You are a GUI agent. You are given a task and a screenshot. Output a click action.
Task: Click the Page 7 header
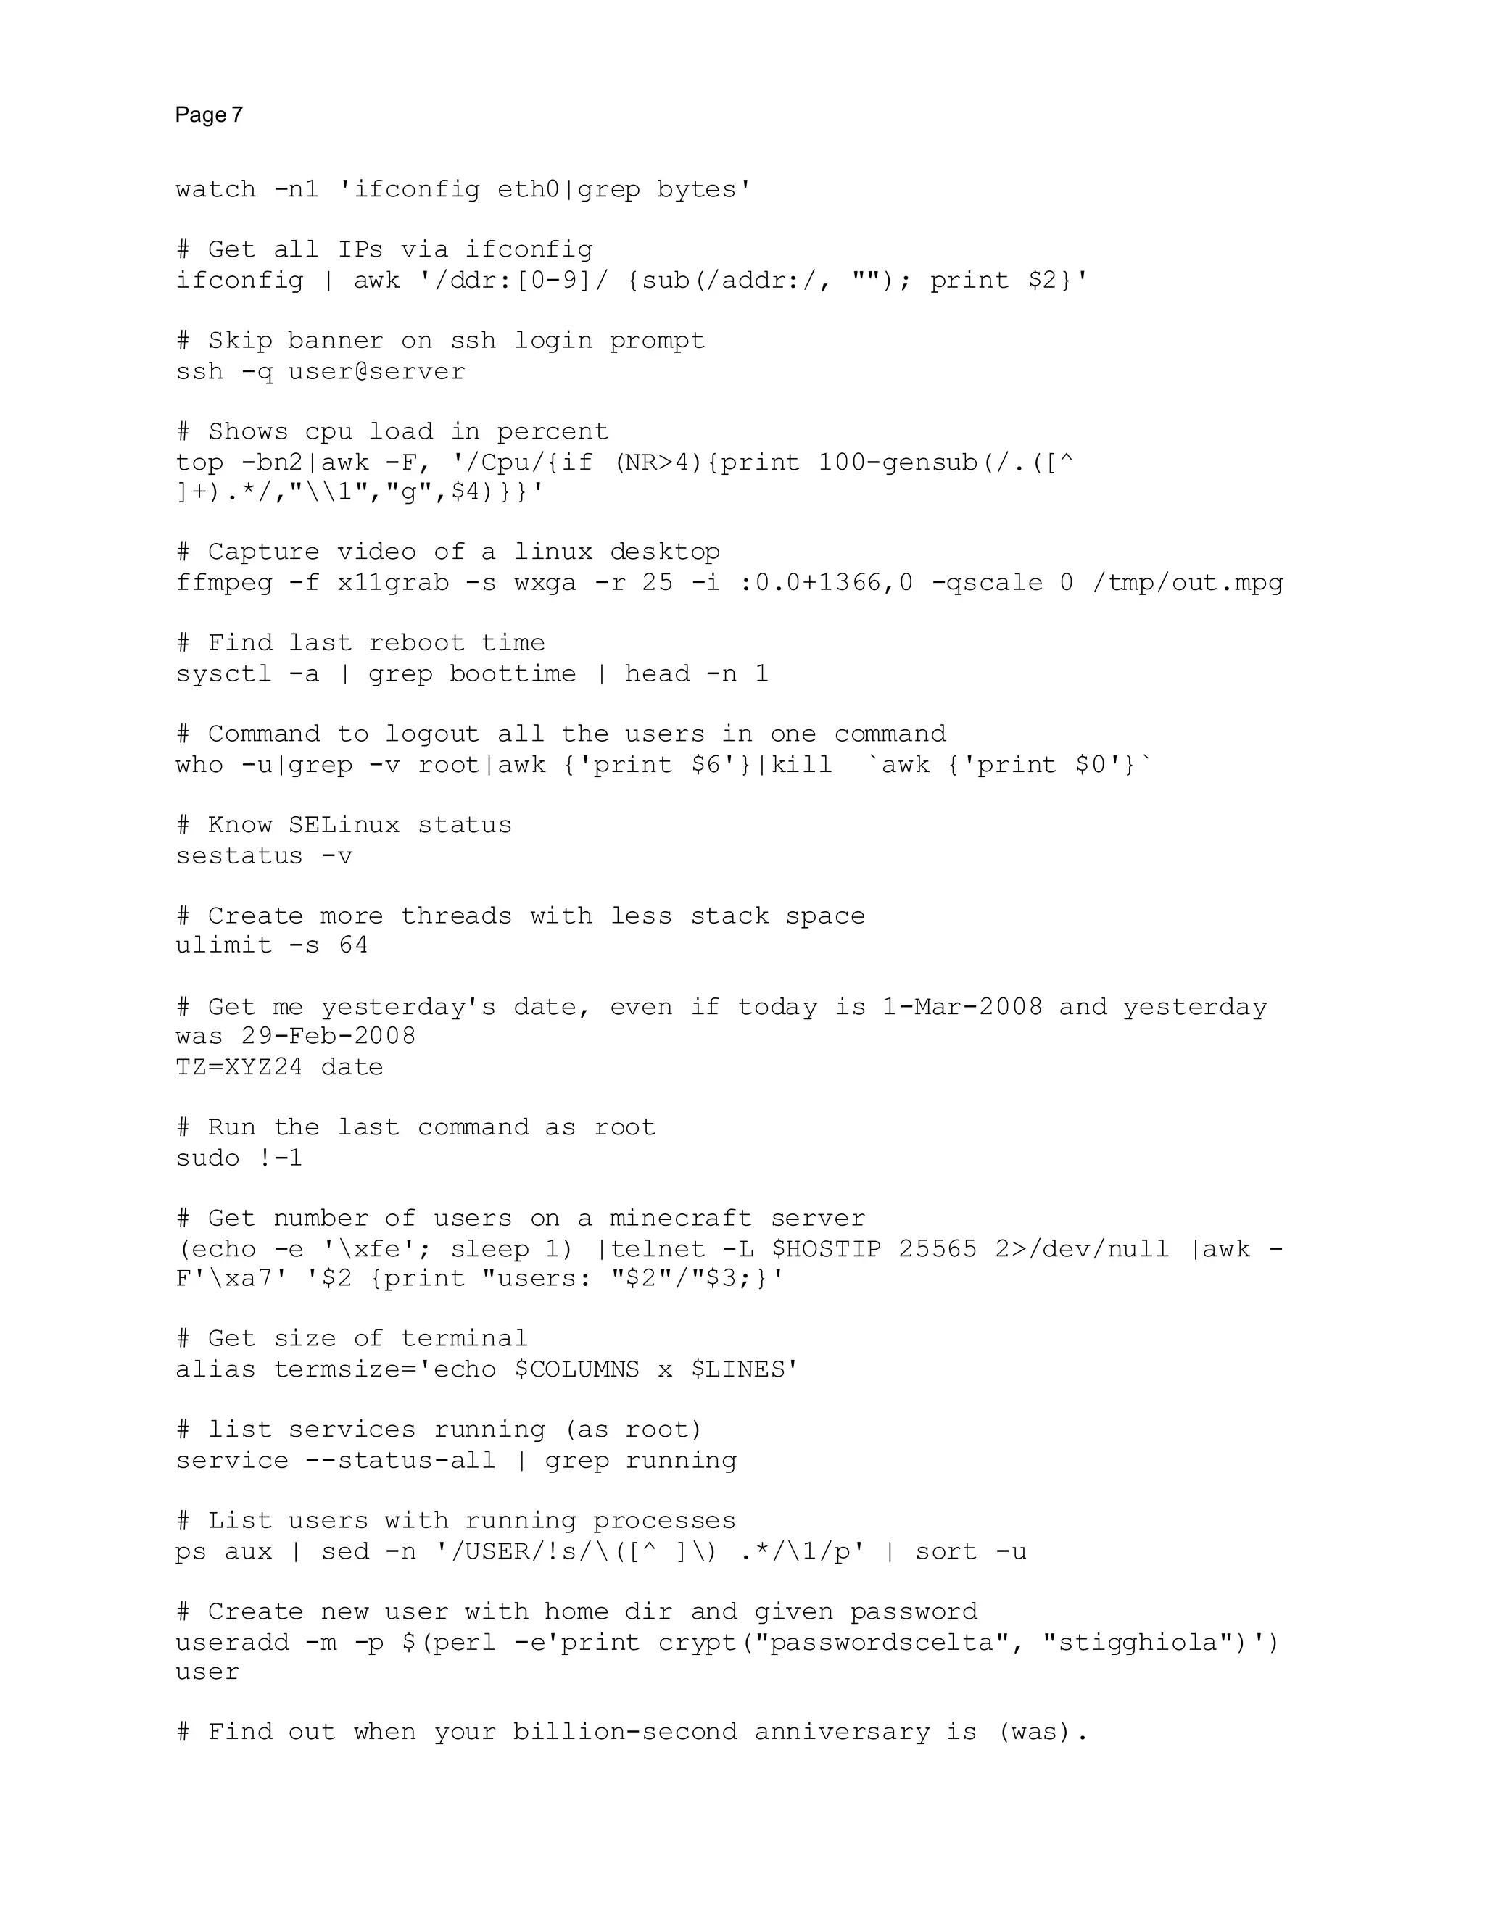tap(209, 115)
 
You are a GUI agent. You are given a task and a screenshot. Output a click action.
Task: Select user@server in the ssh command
tap(376, 372)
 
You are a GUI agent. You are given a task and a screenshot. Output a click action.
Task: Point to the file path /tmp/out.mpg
tap(1188, 583)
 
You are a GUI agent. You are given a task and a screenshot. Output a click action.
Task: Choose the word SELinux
tap(344, 826)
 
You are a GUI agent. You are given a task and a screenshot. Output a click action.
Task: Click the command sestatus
tap(239, 857)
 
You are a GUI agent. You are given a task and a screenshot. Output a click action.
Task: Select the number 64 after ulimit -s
tap(354, 945)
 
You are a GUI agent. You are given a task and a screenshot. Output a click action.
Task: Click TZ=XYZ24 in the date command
tap(239, 1068)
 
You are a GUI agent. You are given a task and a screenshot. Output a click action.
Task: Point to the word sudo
tap(207, 1158)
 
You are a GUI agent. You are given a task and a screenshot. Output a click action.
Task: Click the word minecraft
tap(680, 1219)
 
